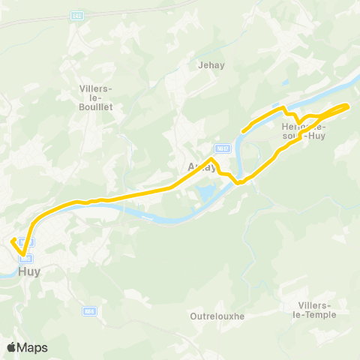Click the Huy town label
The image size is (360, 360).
29,271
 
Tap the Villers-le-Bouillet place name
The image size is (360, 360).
95,97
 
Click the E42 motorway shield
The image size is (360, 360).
77,15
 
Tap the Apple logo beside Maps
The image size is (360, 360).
12,347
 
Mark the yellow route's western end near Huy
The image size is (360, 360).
11,240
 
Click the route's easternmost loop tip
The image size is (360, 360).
349,106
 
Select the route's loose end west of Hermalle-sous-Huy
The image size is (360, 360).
241,132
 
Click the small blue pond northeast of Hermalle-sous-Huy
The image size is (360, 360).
286,83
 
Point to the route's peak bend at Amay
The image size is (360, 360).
213,159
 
